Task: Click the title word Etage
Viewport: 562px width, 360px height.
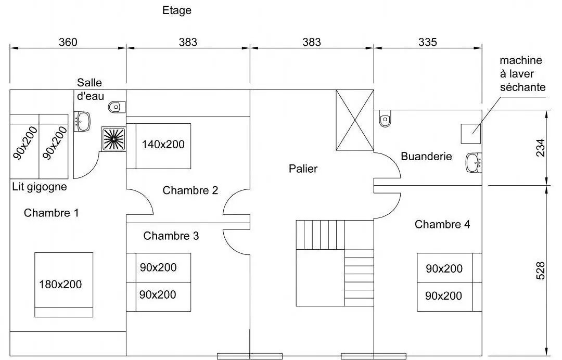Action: [177, 10]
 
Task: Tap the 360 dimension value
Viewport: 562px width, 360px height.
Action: [68, 42]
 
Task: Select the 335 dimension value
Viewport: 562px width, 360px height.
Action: [428, 42]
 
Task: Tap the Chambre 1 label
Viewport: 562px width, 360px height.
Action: [52, 213]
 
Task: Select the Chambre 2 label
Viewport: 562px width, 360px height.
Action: [190, 190]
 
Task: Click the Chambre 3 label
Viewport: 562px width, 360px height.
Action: [171, 236]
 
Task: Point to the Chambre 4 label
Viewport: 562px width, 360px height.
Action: [442, 224]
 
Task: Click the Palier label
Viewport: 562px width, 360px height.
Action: [303, 169]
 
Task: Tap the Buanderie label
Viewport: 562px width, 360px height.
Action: [426, 156]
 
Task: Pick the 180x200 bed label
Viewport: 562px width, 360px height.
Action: [60, 285]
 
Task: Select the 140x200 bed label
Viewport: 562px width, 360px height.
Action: [163, 145]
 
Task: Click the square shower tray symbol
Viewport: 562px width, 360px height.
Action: [114, 138]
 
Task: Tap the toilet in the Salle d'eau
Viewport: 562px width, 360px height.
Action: [117, 107]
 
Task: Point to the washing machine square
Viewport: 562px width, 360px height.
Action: [471, 134]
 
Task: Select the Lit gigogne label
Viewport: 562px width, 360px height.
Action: [40, 187]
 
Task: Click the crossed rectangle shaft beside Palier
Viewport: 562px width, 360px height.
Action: [355, 120]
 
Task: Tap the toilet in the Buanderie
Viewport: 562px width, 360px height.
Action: [385, 120]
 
